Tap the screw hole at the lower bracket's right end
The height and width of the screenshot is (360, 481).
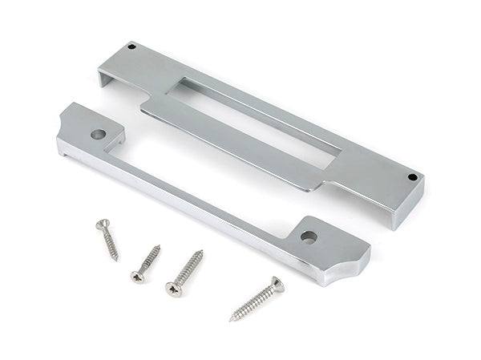(307, 237)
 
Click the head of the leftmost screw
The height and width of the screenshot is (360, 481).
(101, 224)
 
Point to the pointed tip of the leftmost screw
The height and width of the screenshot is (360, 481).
(117, 260)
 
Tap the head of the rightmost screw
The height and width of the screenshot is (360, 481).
(276, 282)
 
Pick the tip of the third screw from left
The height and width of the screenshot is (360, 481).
(202, 252)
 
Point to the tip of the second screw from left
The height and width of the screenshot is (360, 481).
(159, 245)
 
